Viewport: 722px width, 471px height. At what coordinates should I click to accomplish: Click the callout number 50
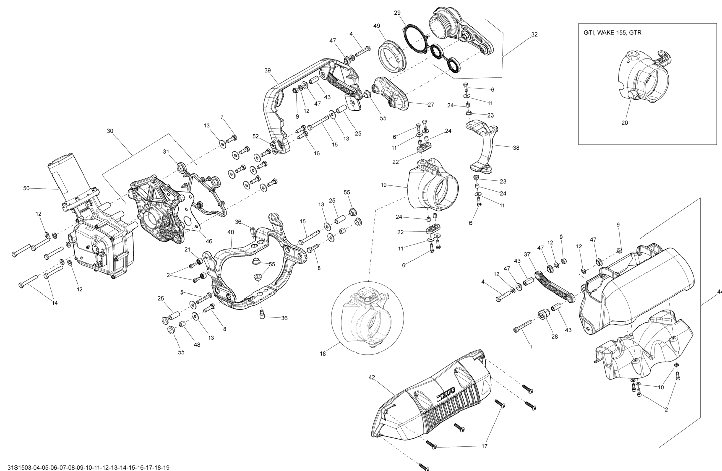coord(26,188)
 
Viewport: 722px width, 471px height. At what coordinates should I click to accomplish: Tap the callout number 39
coord(267,71)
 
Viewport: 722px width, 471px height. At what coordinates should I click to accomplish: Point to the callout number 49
coord(376,26)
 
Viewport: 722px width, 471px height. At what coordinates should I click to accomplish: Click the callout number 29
coord(397,13)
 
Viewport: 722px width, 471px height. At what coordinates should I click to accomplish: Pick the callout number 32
coord(534,35)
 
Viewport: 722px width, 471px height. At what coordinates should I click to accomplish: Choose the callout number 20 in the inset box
coord(625,123)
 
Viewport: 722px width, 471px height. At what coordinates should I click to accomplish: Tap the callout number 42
coord(372,377)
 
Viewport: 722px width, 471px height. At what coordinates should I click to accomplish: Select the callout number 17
coord(484,446)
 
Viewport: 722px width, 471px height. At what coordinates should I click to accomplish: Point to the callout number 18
coord(323,354)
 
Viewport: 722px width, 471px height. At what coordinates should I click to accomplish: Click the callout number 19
coord(384,185)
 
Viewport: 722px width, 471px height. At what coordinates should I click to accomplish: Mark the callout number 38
coord(516,148)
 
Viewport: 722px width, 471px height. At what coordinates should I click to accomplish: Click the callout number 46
coord(209,241)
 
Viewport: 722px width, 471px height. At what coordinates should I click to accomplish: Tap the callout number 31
coord(166,152)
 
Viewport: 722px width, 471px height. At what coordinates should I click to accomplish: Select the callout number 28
coord(555,337)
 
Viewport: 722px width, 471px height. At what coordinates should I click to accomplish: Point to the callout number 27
coord(431,105)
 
